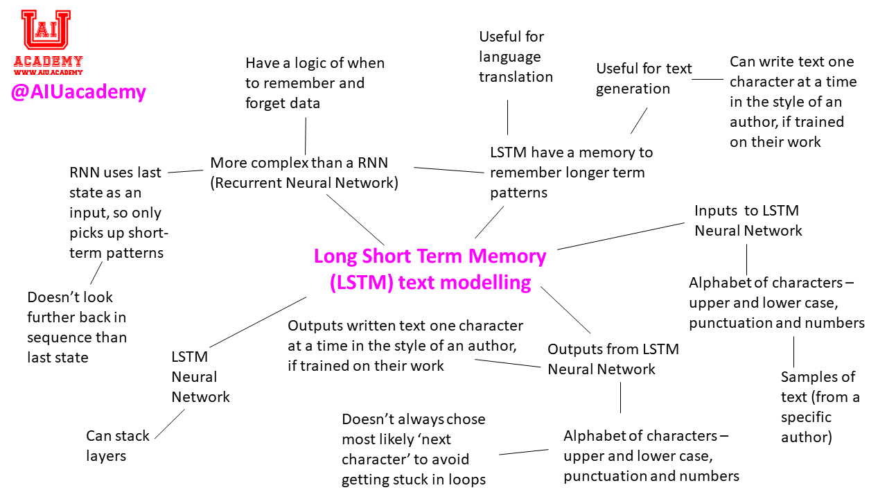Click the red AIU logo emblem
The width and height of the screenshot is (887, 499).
pyautogui.click(x=46, y=30)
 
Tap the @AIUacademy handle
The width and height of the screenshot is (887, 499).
pyautogui.click(x=78, y=91)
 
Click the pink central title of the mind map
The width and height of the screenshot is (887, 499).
pyautogui.click(x=430, y=270)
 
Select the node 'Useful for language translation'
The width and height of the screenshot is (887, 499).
pyautogui.click(x=515, y=56)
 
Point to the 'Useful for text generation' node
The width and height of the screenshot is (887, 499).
pyautogui.click(x=643, y=78)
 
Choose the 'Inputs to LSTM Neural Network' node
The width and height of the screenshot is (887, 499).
pyautogui.click(x=748, y=220)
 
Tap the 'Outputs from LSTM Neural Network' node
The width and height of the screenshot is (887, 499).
pyautogui.click(x=613, y=359)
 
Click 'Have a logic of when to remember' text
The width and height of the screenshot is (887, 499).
pyautogui.click(x=315, y=83)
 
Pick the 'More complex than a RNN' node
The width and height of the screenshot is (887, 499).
pyautogui.click(x=304, y=173)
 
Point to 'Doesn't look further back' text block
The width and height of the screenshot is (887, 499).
pyautogui.click(x=77, y=326)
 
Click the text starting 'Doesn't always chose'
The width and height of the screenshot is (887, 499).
pyautogui.click(x=414, y=449)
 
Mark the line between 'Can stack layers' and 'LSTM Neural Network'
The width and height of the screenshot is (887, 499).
pyautogui.click(x=170, y=423)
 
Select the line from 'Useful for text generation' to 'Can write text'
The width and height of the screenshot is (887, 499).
pyautogui.click(x=708, y=79)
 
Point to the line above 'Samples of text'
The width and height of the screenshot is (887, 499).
pyautogui.click(x=793, y=351)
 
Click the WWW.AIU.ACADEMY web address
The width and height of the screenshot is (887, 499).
pyautogui.click(x=48, y=72)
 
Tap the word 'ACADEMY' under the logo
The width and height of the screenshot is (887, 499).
pyautogui.click(x=48, y=61)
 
